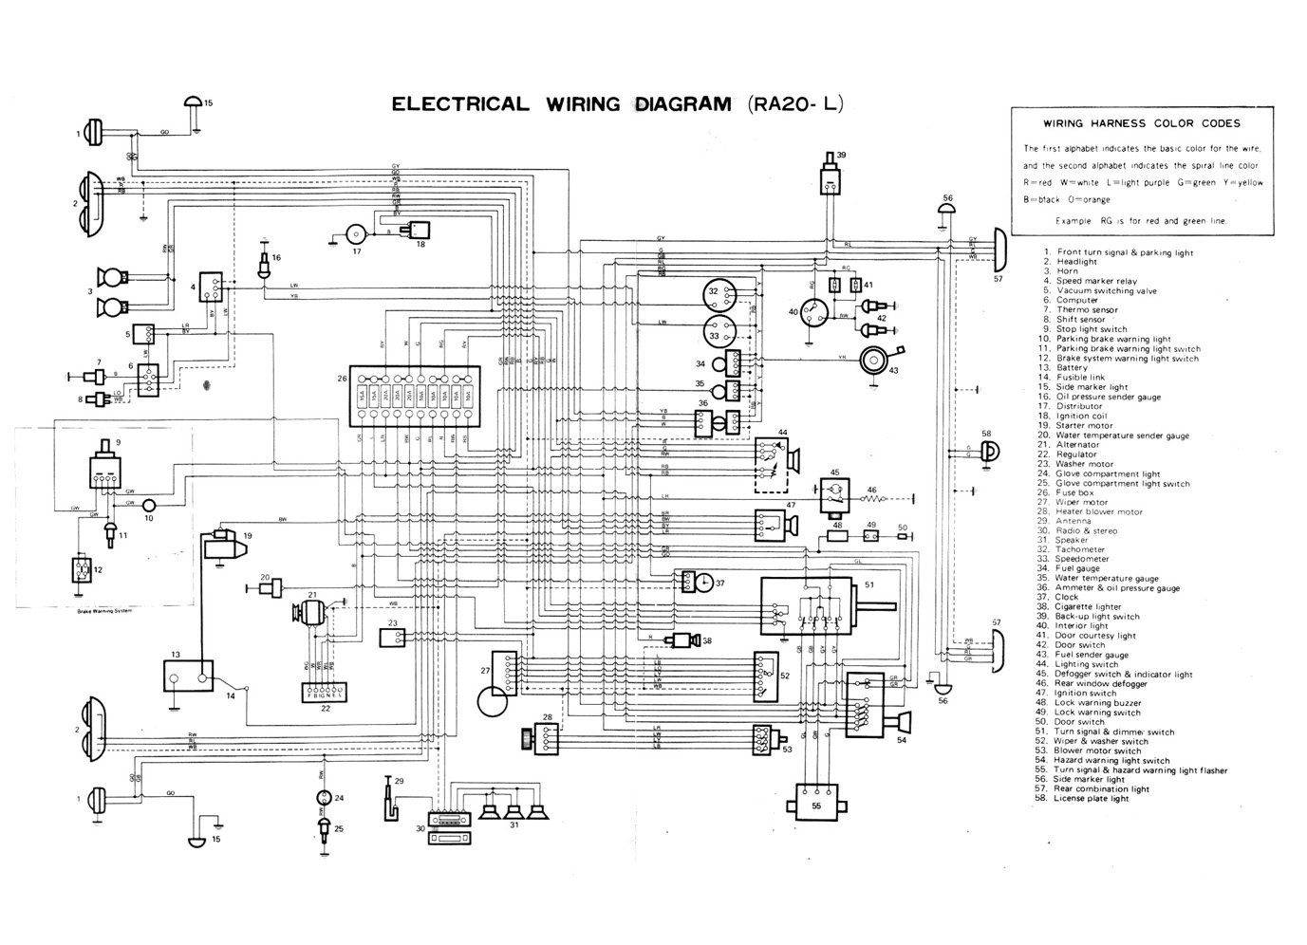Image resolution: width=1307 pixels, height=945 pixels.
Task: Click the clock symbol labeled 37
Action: click(702, 583)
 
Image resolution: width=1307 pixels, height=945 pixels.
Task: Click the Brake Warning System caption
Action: click(104, 611)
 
